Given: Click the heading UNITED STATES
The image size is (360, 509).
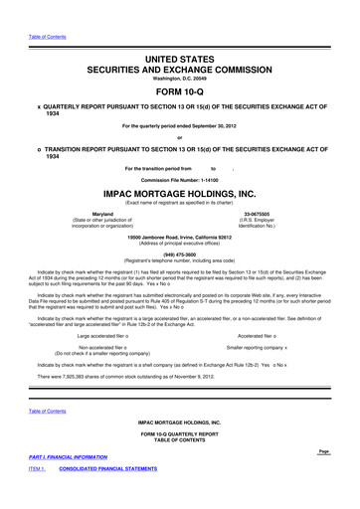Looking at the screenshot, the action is [x=179, y=62].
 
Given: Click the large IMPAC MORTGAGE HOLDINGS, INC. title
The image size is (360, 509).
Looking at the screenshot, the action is [x=179, y=195].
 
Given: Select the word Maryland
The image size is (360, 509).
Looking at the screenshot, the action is [x=101, y=215].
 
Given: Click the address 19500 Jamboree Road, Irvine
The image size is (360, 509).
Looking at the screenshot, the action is [x=179, y=238].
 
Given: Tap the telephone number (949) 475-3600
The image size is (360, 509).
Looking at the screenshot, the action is [x=179, y=254].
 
